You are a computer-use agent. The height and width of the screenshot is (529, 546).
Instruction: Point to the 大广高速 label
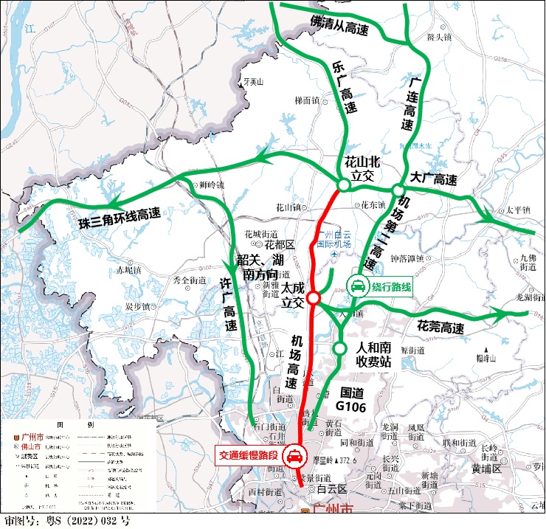pos(434,179)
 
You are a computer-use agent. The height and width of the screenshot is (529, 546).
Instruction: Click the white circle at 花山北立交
pos(344,185)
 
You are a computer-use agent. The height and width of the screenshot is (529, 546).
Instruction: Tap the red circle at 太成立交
pos(314,298)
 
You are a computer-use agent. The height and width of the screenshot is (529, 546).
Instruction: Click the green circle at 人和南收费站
pos(339,348)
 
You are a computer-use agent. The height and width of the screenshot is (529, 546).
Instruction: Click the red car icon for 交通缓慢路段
pos(294,457)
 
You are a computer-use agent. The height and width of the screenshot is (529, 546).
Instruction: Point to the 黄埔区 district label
pos(487,468)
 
